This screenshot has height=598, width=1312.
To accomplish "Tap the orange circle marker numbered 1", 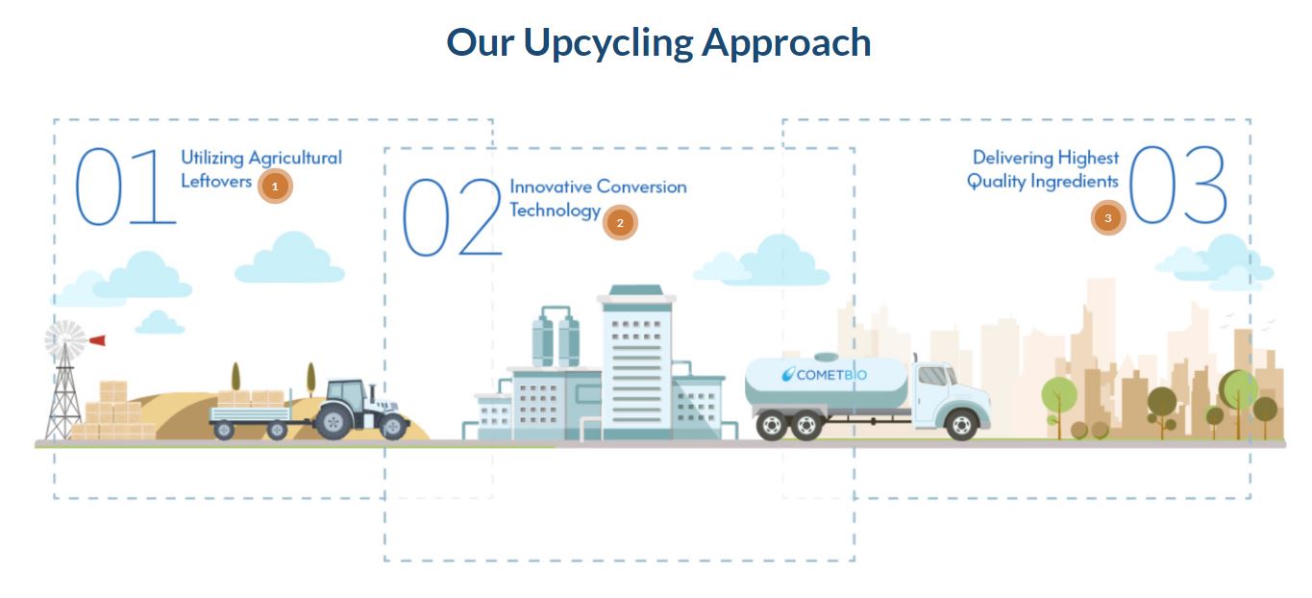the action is point(275,187).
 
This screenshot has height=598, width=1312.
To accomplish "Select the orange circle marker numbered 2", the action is point(620,222).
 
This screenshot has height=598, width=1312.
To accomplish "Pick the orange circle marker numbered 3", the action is point(1107,218).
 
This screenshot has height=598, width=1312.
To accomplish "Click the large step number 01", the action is point(125,187).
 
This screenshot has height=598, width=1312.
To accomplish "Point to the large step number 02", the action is point(452,217).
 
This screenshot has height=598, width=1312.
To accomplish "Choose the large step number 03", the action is point(1177,186).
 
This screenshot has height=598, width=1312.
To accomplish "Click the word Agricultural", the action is point(295,158).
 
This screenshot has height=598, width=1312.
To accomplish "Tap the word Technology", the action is point(555,211).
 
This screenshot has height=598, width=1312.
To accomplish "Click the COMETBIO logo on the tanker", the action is point(824,374).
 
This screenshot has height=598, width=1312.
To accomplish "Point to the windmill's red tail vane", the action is point(97,339).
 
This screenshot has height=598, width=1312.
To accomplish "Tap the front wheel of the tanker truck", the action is point(961,424).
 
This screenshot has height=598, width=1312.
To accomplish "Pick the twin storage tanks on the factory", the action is point(556,339).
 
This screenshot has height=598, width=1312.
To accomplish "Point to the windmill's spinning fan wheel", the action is point(64,339).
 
